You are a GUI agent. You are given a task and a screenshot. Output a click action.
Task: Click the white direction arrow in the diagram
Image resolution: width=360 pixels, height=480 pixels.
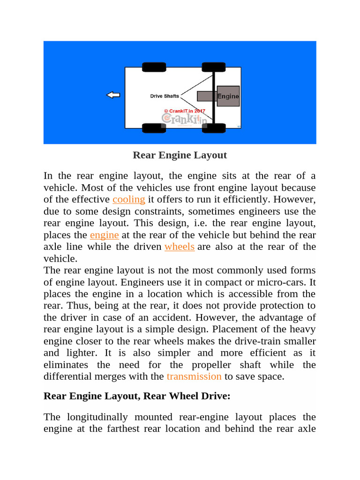pyautogui.click(x=113, y=95)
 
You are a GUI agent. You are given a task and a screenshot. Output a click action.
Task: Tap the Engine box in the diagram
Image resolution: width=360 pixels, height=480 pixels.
pyautogui.click(x=228, y=96)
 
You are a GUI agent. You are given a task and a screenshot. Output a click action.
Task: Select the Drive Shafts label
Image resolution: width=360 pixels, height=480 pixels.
pyautogui.click(x=164, y=96)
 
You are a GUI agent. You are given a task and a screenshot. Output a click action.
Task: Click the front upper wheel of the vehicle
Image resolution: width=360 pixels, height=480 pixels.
pyautogui.click(x=154, y=67)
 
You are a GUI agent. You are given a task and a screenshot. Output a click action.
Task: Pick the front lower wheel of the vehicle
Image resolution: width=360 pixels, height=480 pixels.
pyautogui.click(x=154, y=128)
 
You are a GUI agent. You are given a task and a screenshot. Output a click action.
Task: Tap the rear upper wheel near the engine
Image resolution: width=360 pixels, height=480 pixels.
pyautogui.click(x=213, y=67)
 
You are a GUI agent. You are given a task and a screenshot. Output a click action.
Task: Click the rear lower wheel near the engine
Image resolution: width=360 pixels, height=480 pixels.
pyautogui.click(x=213, y=128)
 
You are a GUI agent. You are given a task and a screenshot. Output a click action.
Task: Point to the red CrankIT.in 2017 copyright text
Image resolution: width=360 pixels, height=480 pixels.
pyautogui.click(x=185, y=111)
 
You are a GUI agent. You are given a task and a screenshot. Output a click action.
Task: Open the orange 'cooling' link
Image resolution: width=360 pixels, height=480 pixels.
pyautogui.click(x=129, y=199)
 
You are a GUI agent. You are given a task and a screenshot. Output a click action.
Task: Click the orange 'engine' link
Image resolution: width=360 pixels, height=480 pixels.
pyautogui.click(x=105, y=235)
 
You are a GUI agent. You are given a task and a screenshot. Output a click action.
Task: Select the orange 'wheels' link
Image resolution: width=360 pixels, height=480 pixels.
pyautogui.click(x=180, y=247)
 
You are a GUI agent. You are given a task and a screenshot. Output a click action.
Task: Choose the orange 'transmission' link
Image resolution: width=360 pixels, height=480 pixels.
pyautogui.click(x=194, y=376)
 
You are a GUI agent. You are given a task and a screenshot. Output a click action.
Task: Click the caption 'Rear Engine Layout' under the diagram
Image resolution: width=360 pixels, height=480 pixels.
pyautogui.click(x=180, y=155)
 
